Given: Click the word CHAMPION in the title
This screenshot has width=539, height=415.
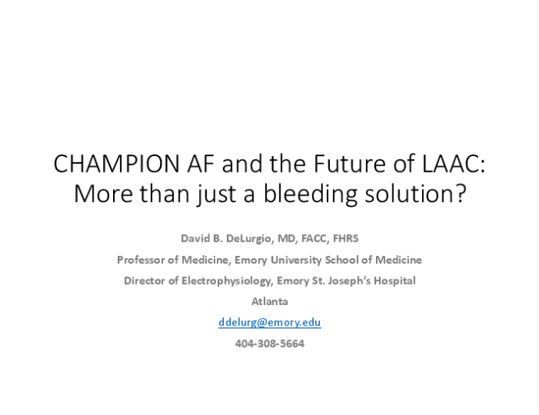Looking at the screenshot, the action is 116,164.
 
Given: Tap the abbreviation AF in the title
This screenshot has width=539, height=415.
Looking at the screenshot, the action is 200,164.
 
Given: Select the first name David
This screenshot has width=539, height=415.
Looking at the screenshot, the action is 194,238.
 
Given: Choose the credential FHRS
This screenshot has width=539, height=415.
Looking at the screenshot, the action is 346,238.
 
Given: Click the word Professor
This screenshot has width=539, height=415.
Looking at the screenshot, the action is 140,260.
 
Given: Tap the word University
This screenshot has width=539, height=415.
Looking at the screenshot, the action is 296,260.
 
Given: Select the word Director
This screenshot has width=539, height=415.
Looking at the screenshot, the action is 144,281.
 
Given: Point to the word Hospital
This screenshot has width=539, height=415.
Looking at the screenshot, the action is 395,282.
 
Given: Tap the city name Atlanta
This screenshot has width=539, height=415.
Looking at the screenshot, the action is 270,302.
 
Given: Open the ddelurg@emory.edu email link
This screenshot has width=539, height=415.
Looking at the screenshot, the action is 270,323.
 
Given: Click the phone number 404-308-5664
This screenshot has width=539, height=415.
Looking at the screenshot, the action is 270,343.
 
